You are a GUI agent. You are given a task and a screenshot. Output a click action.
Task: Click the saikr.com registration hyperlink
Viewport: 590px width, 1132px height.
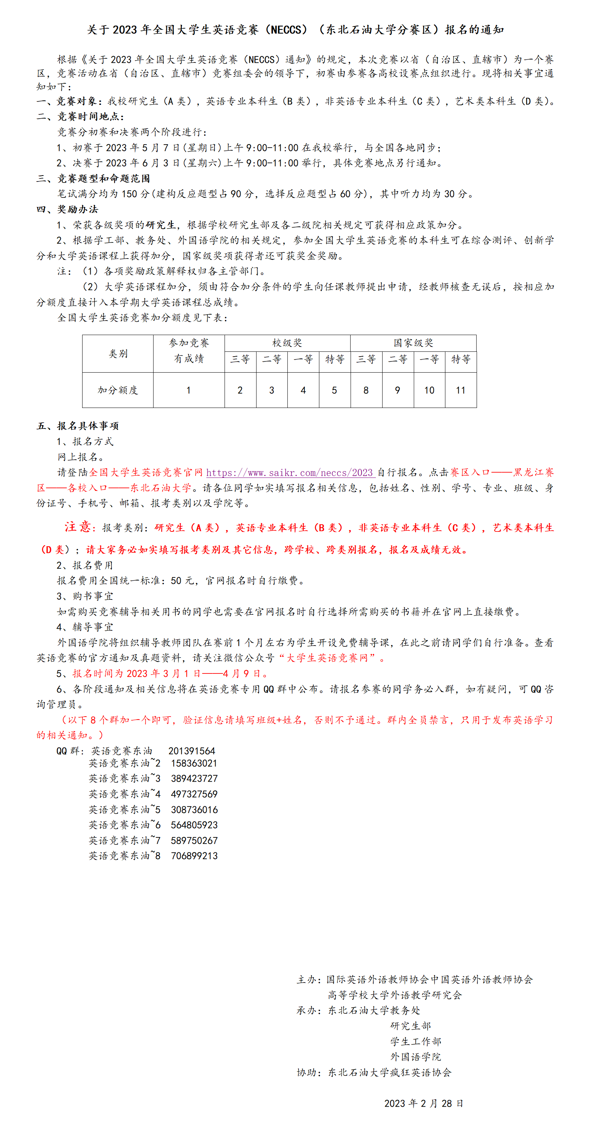click(290, 472)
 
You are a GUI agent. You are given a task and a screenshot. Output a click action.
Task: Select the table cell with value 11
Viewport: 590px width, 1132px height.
click(460, 390)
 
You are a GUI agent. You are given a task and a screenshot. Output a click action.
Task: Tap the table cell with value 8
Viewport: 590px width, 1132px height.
click(366, 390)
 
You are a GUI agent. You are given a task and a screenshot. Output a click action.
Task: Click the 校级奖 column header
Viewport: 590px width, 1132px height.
click(287, 343)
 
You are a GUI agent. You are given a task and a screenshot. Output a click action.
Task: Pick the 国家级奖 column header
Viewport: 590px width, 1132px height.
click(413, 343)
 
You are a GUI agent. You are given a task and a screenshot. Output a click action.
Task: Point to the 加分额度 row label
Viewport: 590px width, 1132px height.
click(118, 390)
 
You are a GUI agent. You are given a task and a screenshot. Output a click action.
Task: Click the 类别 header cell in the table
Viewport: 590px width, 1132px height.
click(118, 354)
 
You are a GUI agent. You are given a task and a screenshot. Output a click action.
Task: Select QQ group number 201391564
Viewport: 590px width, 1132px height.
click(191, 751)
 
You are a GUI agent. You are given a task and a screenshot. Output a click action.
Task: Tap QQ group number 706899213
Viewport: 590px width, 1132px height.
click(194, 856)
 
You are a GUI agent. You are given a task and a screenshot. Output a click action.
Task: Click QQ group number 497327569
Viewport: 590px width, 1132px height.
click(194, 794)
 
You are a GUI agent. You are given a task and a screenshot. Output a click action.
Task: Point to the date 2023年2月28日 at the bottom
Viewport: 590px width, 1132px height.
click(423, 1103)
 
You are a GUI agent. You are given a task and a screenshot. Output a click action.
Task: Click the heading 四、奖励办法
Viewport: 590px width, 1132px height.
click(68, 209)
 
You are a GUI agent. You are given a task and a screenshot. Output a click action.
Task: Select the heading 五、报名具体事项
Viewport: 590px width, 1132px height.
click(78, 426)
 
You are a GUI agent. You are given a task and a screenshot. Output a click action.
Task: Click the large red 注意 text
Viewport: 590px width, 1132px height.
click(78, 527)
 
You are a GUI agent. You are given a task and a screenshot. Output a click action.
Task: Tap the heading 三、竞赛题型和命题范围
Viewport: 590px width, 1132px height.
click(93, 179)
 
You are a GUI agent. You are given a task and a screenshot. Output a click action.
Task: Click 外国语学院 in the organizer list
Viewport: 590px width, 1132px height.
click(416, 1057)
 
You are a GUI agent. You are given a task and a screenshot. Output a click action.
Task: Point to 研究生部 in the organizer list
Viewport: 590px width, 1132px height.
click(410, 1026)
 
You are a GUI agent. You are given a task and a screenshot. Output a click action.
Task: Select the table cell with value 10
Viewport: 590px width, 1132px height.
click(429, 390)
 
